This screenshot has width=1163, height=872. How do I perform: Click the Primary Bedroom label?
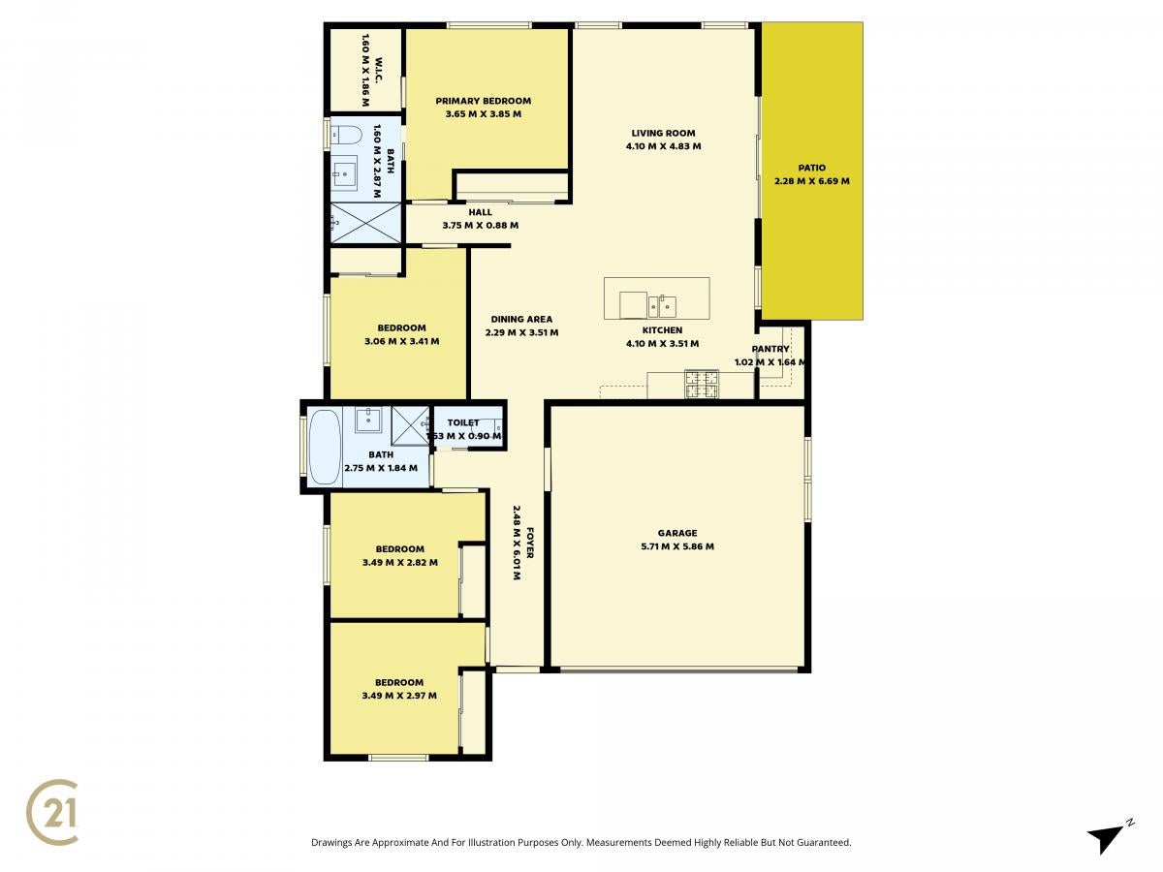pyautogui.click(x=484, y=101)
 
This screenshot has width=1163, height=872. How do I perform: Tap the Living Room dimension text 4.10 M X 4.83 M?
pyautogui.click(x=663, y=146)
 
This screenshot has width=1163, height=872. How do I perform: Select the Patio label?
pyautogui.click(x=812, y=168)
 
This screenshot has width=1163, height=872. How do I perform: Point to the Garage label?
pyautogui.click(x=677, y=533)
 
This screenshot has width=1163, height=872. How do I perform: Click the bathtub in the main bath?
pyautogui.click(x=325, y=448)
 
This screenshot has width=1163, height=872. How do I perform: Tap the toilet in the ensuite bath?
pyautogui.click(x=345, y=135)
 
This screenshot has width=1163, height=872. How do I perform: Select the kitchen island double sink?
pyautogui.click(x=662, y=305)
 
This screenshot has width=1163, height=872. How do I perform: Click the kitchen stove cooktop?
pyautogui.click(x=702, y=385)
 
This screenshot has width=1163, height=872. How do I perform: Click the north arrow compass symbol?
pyautogui.click(x=1109, y=837)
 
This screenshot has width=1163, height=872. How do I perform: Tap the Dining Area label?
pyautogui.click(x=521, y=320)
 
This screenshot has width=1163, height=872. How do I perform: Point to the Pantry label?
pyautogui.click(x=770, y=349)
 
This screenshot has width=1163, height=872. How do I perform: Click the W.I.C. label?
pyautogui.click(x=379, y=70)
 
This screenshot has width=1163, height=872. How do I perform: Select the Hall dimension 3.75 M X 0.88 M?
pyautogui.click(x=481, y=225)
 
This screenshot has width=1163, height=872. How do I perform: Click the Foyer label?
pyautogui.click(x=529, y=543)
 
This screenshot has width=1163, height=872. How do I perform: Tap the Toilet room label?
pyautogui.click(x=463, y=422)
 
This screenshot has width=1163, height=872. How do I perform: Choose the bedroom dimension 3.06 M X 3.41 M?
pyautogui.click(x=401, y=341)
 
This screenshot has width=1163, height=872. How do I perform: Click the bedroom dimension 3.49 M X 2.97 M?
pyautogui.click(x=399, y=696)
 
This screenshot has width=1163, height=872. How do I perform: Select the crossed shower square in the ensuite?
pyautogui.click(x=365, y=223)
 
